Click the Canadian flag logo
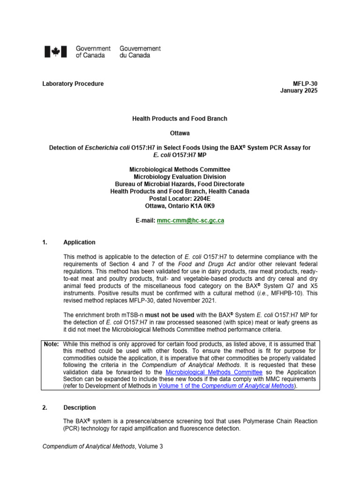pyautogui.click(x=56, y=52)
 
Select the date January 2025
pyautogui.click(x=299, y=91)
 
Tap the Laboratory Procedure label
pyautogui.click(x=73, y=84)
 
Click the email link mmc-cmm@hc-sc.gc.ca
pyautogui.click(x=190, y=220)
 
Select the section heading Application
pyautogui.click(x=79, y=242)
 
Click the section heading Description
pyautogui.click(x=80, y=408)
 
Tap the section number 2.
pyautogui.click(x=45, y=408)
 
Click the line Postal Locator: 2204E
pyautogui.click(x=180, y=199)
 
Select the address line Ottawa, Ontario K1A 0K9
pyautogui.click(x=180, y=206)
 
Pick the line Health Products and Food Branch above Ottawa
pyautogui.click(x=180, y=119)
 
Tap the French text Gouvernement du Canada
pyautogui.click(x=140, y=52)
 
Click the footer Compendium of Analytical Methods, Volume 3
pyautogui.click(x=103, y=447)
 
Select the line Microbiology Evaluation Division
pyautogui.click(x=180, y=177)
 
